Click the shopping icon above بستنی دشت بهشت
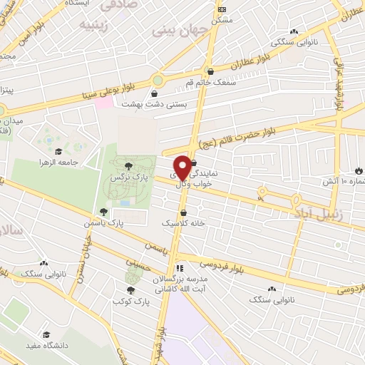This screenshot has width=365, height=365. (x=154, y=93)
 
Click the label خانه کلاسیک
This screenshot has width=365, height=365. (x=184, y=223)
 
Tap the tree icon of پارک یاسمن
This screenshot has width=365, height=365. (x=104, y=212)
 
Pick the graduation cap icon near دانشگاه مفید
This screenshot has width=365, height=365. (x=46, y=334)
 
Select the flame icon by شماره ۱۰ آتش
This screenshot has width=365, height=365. (x=358, y=171)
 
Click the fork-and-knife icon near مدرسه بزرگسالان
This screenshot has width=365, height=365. (x=180, y=269)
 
